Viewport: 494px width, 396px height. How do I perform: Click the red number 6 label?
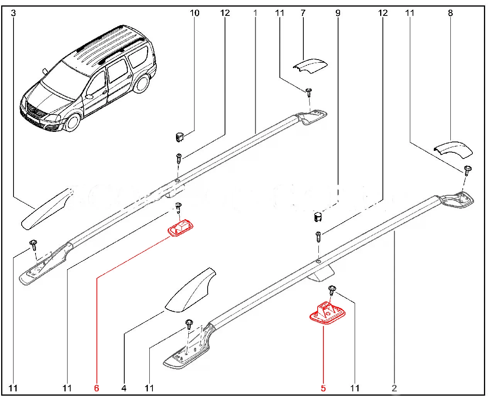click(96, 387)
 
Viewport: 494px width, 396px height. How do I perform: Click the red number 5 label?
click(323, 387)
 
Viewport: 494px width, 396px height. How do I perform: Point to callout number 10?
click(195, 13)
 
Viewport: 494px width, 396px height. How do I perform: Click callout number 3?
click(14, 13)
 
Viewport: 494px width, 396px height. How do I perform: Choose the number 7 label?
click(303, 13)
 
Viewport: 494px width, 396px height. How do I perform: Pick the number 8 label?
click(450, 13)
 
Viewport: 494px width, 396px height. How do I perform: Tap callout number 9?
click(338, 13)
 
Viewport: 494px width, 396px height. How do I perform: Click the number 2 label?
click(394, 387)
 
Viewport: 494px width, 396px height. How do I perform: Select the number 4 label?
click(124, 387)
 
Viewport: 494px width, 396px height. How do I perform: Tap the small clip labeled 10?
click(179, 137)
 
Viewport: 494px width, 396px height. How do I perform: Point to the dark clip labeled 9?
click(318, 217)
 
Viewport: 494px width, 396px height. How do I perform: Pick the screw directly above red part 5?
click(332, 289)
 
